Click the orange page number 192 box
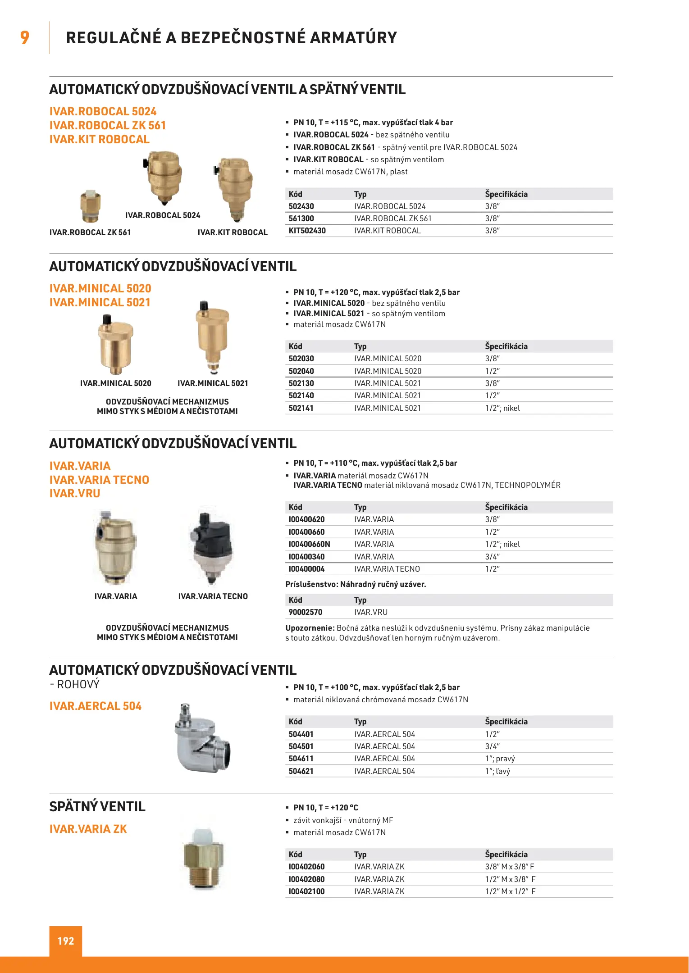coord(66,941)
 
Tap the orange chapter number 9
coord(25,37)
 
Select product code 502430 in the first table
coord(301,206)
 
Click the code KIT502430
coord(307,231)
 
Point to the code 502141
coord(301,408)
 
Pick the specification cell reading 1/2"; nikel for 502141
coord(502,408)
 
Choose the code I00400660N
coord(309,544)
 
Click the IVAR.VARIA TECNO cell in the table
coord(387,569)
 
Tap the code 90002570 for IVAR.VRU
coord(305,612)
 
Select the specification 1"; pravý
coord(500,759)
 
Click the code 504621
coord(301,771)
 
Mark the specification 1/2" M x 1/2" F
coord(510,891)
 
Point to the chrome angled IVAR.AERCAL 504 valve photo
coord(202,739)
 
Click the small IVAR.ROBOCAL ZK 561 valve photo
coord(91,206)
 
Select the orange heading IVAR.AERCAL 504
coord(96,706)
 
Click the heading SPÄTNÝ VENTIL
coord(97,807)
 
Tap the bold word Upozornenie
coord(310,628)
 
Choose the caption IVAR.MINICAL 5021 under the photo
coord(213,383)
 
